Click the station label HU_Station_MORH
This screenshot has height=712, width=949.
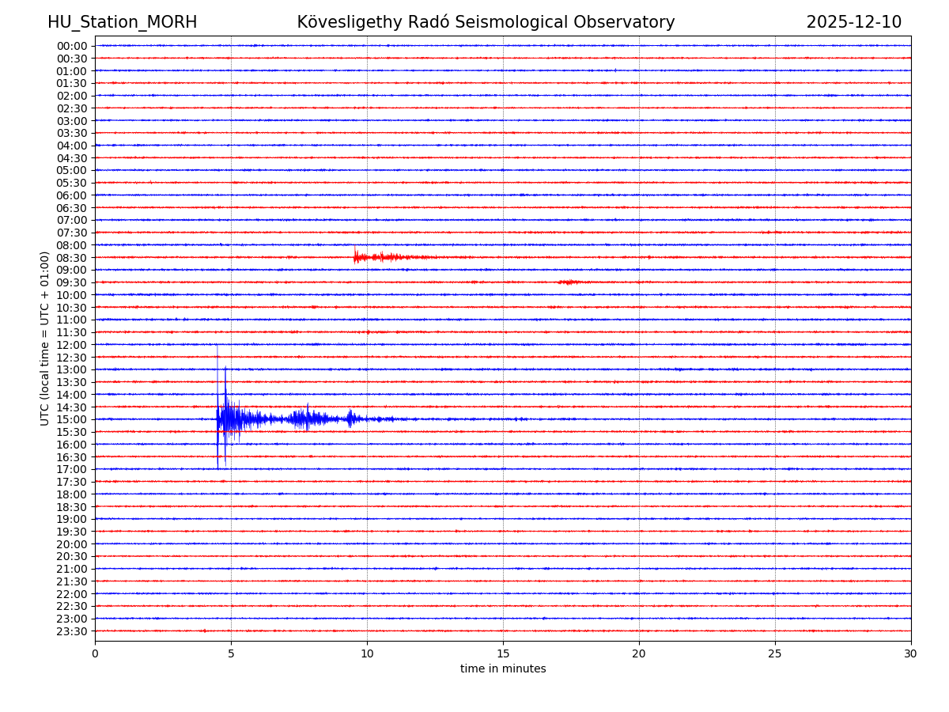[122, 22]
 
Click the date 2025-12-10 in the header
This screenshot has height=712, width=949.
[853, 22]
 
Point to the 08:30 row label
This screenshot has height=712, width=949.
[72, 258]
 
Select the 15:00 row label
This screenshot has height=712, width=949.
[72, 419]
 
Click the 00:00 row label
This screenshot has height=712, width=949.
[72, 46]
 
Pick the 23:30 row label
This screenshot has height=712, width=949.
[72, 631]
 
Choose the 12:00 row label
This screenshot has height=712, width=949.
[72, 345]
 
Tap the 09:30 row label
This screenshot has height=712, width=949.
[72, 282]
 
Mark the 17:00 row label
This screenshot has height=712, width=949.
[72, 469]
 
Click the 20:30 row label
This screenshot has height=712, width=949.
[72, 557]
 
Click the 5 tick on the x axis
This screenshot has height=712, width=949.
[231, 653]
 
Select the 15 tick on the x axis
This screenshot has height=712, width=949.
[503, 653]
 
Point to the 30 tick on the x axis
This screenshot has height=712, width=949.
[911, 653]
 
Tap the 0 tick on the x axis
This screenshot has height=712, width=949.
[95, 653]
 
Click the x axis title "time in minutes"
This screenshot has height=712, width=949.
[503, 669]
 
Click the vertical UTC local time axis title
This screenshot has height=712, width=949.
[45, 339]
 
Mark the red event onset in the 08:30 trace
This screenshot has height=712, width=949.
[355, 256]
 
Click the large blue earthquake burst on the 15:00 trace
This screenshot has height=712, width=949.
[229, 418]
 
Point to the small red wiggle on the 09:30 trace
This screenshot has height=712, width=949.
[569, 282]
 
